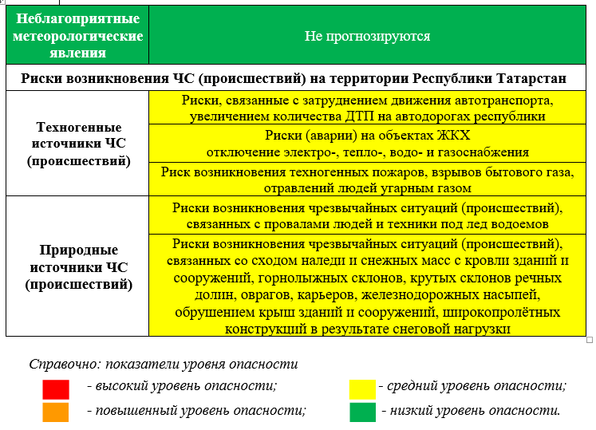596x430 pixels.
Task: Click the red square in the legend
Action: coord(56,389)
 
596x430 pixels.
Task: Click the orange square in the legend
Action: coord(56,412)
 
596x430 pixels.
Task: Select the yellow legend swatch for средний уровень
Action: coord(362,389)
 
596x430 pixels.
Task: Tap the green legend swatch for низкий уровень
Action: coord(362,412)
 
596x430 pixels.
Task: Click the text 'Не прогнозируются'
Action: coord(368,36)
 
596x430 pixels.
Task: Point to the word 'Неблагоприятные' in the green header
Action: coord(77,18)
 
